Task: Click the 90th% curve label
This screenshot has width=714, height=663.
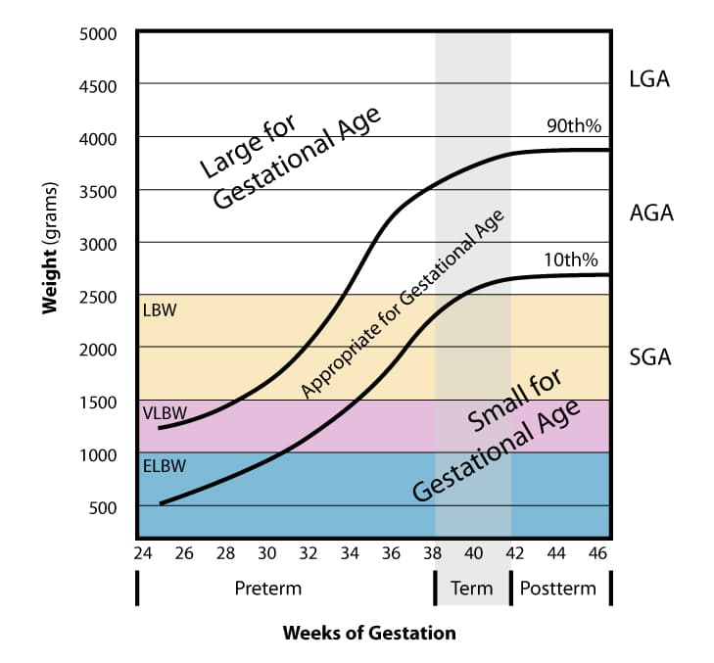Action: tap(573, 125)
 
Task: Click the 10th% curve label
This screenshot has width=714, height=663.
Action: tap(572, 260)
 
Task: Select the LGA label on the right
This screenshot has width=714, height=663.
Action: tap(650, 79)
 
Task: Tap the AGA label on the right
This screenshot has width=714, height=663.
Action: tap(650, 213)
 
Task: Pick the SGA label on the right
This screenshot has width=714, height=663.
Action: tap(650, 356)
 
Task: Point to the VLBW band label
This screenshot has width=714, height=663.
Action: tap(164, 413)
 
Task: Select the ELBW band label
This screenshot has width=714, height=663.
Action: tap(163, 466)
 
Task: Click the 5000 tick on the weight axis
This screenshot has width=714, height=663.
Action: tap(98, 33)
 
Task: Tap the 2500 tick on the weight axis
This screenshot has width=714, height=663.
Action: tap(98, 297)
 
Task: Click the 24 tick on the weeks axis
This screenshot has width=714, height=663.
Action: tap(141, 553)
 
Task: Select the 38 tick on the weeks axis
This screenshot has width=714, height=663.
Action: tap(432, 553)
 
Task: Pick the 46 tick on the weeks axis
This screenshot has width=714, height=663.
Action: tap(597, 553)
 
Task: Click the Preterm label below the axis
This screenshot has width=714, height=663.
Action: tap(267, 589)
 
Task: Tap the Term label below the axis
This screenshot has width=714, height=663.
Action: tap(472, 589)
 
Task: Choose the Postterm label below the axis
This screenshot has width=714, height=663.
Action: tap(557, 589)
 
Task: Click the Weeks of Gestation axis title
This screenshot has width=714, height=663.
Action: tap(369, 633)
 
